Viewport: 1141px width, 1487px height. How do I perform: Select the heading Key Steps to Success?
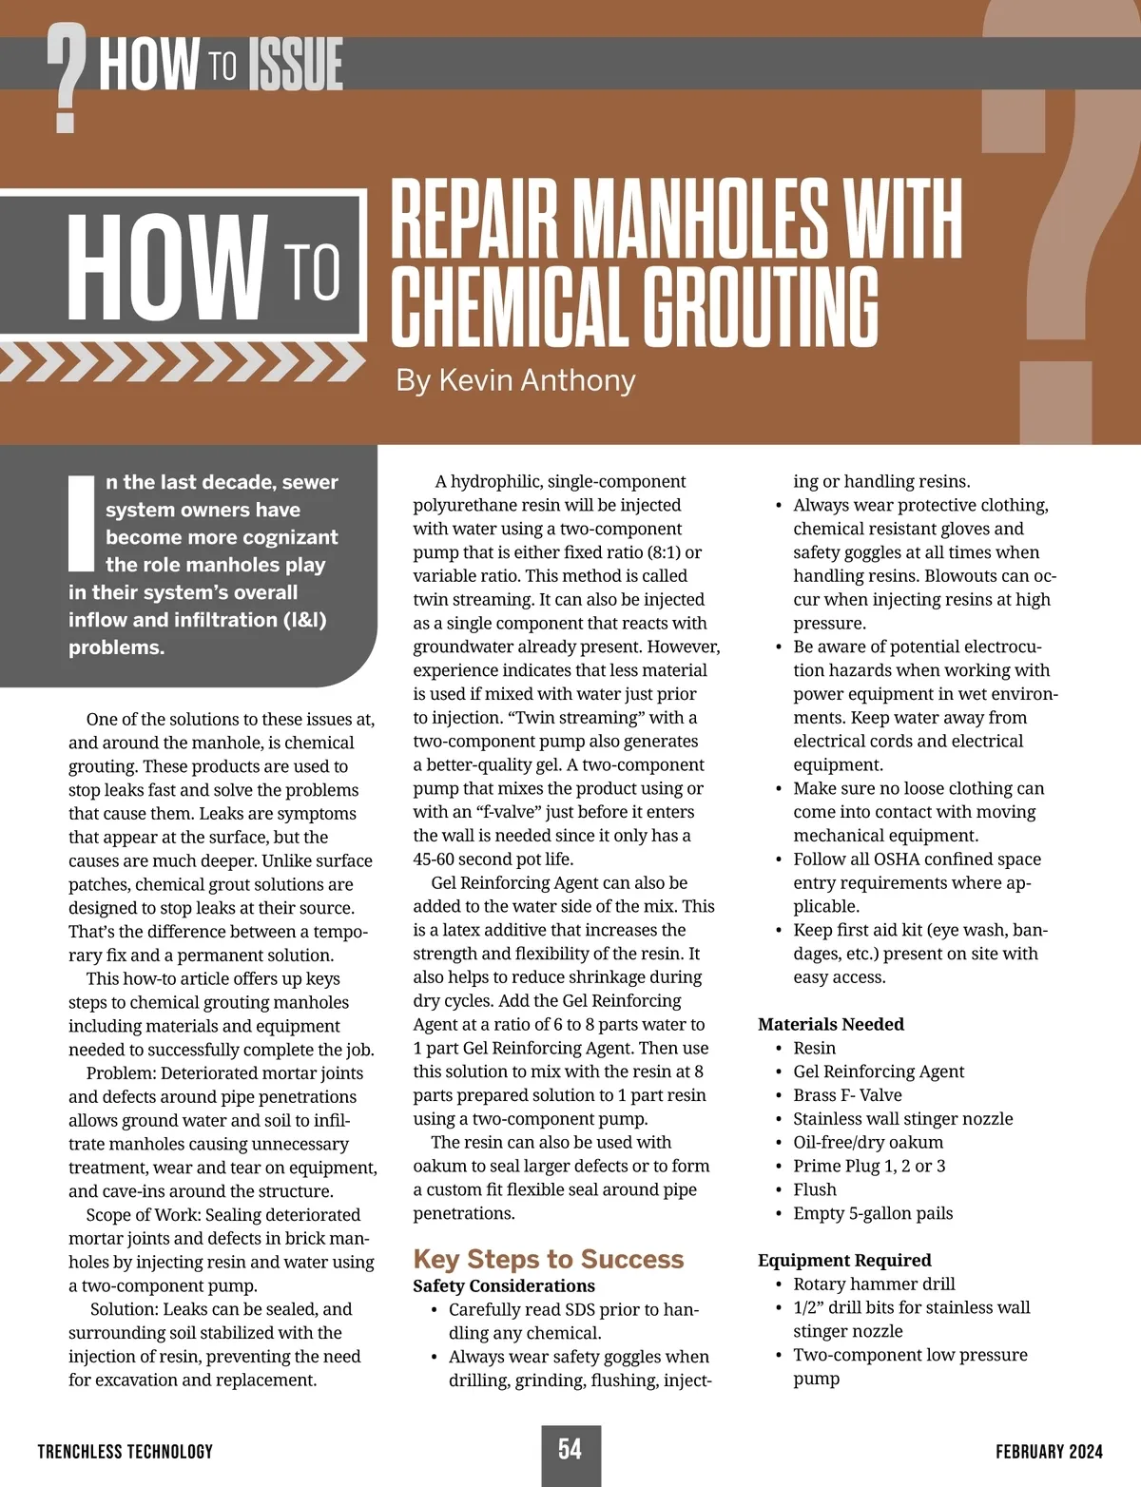[548, 1259]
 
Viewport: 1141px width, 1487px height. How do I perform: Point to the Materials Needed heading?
[830, 1024]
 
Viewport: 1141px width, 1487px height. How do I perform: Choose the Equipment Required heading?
[844, 1260]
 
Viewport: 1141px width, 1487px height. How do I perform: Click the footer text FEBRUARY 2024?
[1049, 1451]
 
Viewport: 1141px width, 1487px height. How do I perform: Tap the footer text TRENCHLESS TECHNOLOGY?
[126, 1451]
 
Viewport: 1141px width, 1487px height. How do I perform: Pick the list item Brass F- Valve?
[847, 1095]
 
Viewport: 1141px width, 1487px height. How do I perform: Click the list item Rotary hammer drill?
[874, 1284]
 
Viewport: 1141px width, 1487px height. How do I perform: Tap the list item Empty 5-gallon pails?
[873, 1213]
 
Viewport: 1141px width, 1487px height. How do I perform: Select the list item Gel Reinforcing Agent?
[879, 1072]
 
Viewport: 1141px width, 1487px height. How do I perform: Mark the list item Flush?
[815, 1189]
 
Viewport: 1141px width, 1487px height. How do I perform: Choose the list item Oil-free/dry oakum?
[868, 1142]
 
